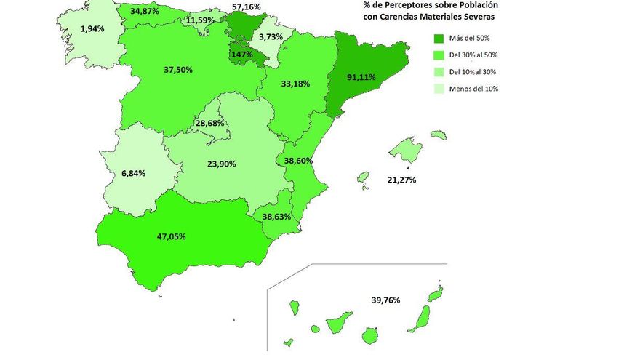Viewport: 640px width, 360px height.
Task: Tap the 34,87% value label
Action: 146,12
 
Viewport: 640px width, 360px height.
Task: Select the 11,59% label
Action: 200,20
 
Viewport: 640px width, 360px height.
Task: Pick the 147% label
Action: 242,54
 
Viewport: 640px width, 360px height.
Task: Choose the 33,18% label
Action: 294,84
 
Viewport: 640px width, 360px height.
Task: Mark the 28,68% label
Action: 211,124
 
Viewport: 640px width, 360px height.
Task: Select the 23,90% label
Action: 221,164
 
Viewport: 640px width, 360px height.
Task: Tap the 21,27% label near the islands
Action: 401,180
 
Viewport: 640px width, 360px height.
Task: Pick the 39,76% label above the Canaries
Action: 385,299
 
